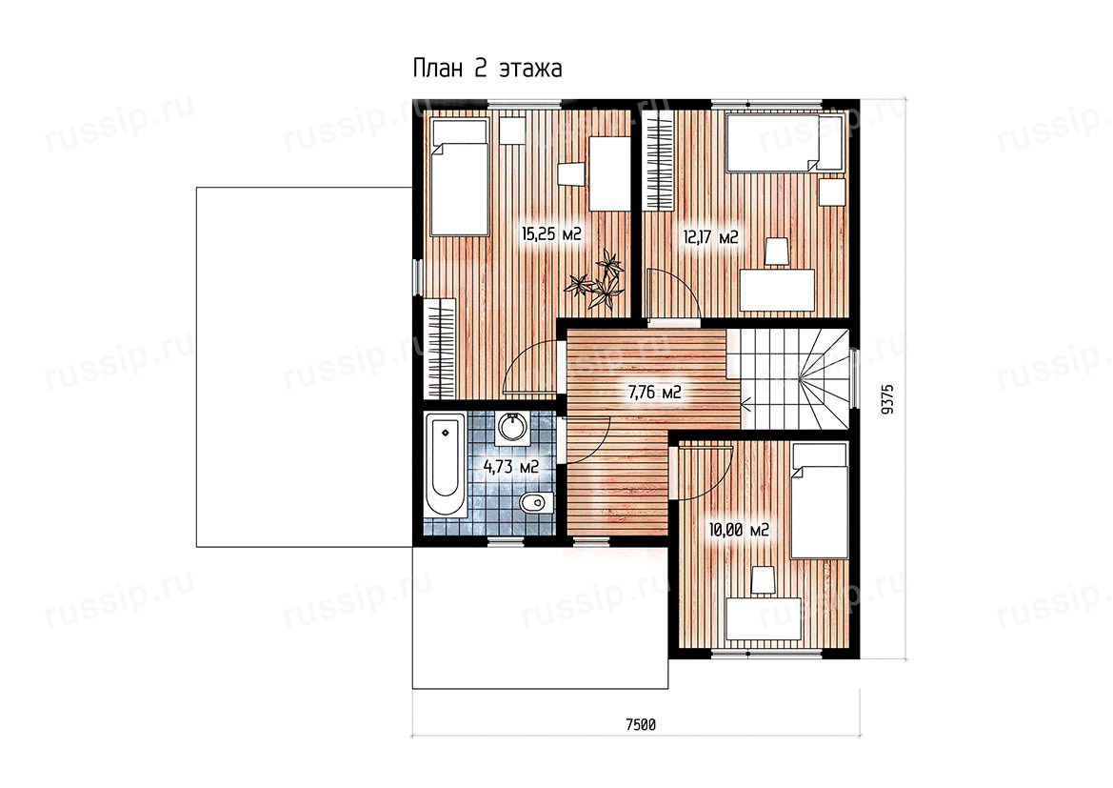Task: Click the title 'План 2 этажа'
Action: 487,69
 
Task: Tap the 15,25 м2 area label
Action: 551,233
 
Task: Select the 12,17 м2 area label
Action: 710,236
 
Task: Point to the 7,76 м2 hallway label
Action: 654,391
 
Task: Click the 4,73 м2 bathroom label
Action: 511,467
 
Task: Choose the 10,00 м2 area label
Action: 739,530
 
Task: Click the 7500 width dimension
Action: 640,725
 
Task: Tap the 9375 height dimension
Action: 885,399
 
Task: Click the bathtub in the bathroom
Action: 445,466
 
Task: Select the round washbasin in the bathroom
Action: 512,429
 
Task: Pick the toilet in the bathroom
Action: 534,504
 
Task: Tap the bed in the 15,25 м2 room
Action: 460,177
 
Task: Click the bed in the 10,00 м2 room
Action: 820,500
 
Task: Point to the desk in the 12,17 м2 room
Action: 777,290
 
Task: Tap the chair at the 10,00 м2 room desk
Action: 763,579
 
